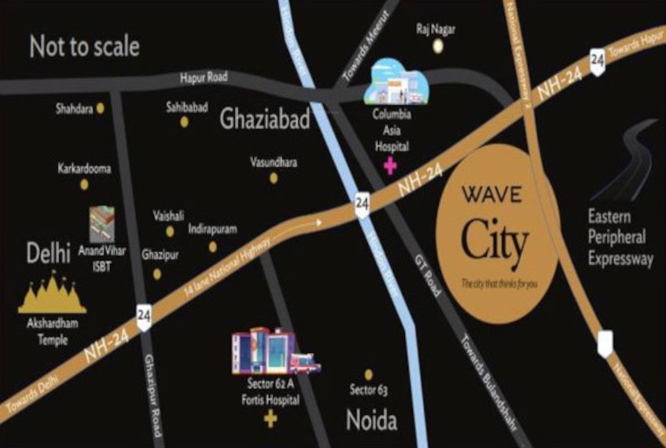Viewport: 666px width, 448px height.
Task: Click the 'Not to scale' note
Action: pos(85,47)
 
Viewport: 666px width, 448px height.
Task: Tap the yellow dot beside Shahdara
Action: pos(101,107)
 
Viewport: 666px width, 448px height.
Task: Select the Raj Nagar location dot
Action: pos(438,46)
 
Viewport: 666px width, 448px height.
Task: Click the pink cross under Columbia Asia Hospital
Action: pos(390,166)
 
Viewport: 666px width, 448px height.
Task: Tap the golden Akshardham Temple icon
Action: pos(52,294)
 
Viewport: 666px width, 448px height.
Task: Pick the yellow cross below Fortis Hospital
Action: pos(270,419)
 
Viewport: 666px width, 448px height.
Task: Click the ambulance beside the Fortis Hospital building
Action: pos(305,363)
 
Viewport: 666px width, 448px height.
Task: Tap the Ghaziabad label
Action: pos(265,120)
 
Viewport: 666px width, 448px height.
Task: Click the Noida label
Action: pos(372,421)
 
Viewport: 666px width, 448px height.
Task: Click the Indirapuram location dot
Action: pos(212,247)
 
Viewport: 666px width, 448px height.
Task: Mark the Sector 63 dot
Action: pos(368,375)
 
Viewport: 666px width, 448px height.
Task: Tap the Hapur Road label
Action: pos(204,78)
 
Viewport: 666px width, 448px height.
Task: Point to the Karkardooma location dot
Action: pos(84,184)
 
